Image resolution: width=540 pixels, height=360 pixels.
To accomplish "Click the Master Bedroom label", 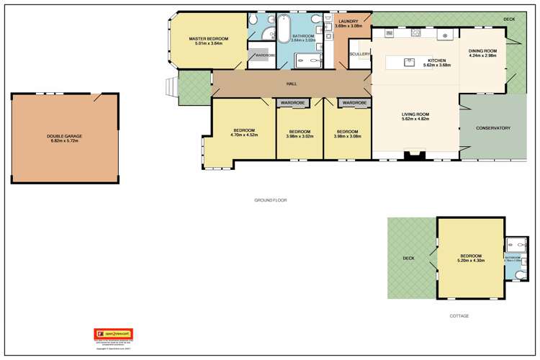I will pos(209,38).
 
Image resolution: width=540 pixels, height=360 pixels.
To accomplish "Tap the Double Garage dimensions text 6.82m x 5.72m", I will pos(65,140).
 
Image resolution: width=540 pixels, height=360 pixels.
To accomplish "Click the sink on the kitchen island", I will pos(409,62).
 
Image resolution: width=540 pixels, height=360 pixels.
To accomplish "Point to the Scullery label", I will pos(359,54).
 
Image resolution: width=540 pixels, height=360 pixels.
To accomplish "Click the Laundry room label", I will pos(348,22).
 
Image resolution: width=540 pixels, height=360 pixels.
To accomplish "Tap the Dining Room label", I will pos(482,51).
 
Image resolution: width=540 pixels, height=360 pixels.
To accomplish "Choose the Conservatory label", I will pos(493,128).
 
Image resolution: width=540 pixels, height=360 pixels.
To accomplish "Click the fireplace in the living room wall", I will pos(415,154).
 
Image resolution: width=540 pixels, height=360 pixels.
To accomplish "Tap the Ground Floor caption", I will pos(270,200).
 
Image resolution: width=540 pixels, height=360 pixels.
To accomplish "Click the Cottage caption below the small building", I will pos(459,315).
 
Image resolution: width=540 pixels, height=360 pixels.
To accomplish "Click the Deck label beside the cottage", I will pos(408,258).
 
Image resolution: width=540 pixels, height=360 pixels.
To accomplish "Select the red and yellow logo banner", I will pos(114,334).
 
